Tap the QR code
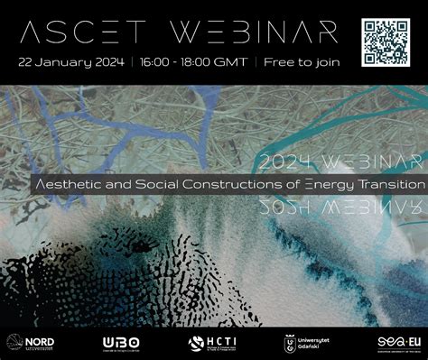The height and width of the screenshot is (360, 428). click(x=386, y=41)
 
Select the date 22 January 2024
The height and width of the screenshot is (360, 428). click(x=70, y=62)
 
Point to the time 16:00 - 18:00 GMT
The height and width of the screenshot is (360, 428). click(x=192, y=62)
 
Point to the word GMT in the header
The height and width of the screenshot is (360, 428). click(x=232, y=62)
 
